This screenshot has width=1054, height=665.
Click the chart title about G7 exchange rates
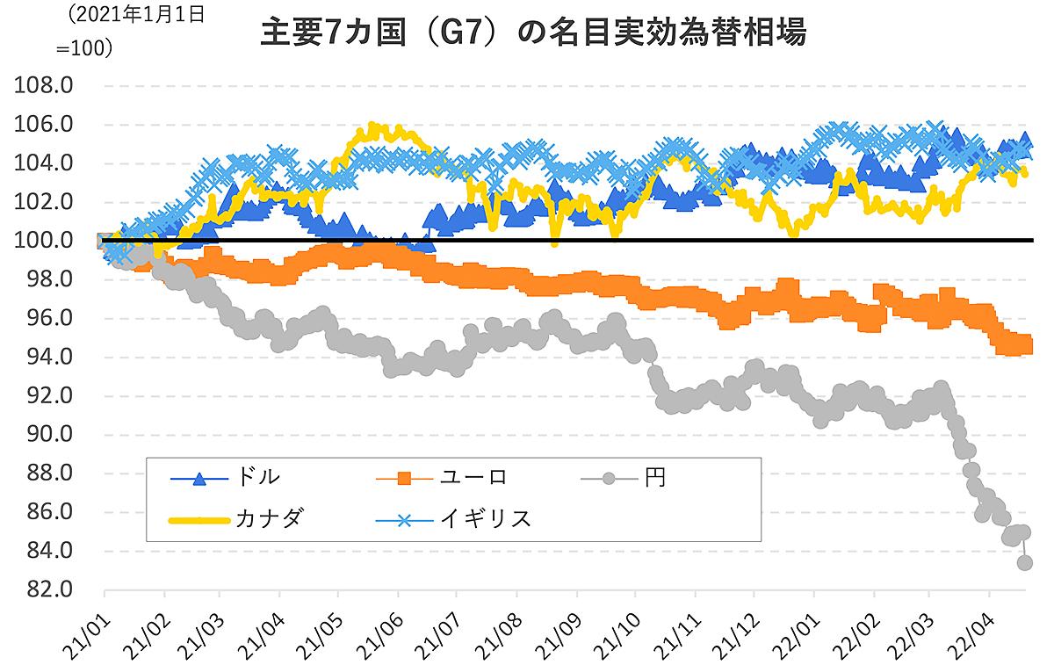pyautogui.click(x=534, y=33)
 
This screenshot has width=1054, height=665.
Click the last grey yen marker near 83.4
pyautogui.click(x=1025, y=562)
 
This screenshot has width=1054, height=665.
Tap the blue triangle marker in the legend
pyautogui.click(x=200, y=479)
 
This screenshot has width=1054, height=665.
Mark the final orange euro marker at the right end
pyautogui.click(x=1025, y=345)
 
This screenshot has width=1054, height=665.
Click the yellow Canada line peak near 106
pyautogui.click(x=372, y=128)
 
